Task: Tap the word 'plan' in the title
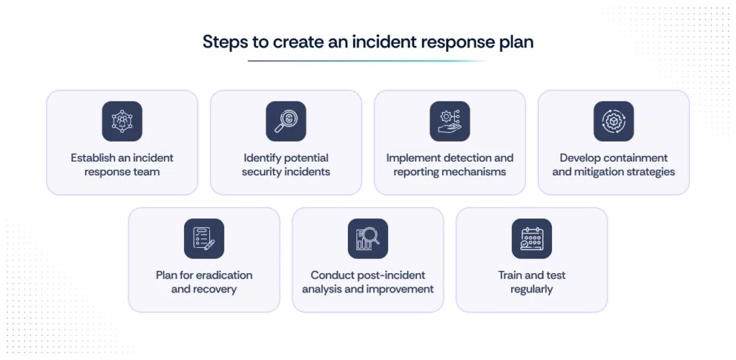[515, 42]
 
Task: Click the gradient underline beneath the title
[367, 61]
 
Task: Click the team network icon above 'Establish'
[121, 121]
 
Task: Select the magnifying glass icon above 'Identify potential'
[285, 121]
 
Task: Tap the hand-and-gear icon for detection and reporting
[449, 121]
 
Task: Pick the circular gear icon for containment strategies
[613, 121]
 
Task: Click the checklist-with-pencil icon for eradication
[203, 239]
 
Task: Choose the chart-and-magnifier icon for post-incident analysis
[367, 239]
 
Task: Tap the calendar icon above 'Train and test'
[531, 239]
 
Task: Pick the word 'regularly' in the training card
[531, 290]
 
